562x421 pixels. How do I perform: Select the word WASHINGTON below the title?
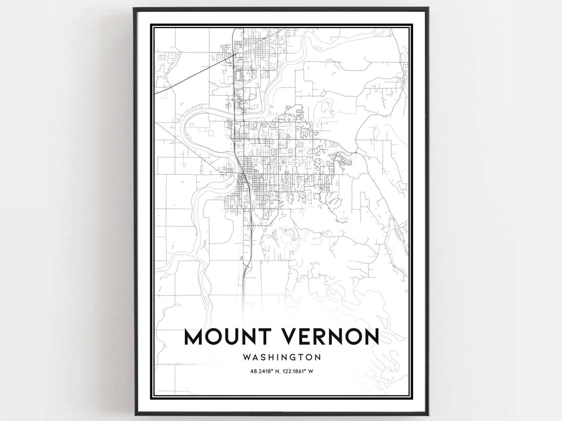[x=281, y=358]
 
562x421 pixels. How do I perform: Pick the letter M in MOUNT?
[x=195, y=337]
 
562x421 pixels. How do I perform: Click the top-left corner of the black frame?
[x=134, y=8]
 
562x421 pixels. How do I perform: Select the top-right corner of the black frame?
[x=428, y=8]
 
